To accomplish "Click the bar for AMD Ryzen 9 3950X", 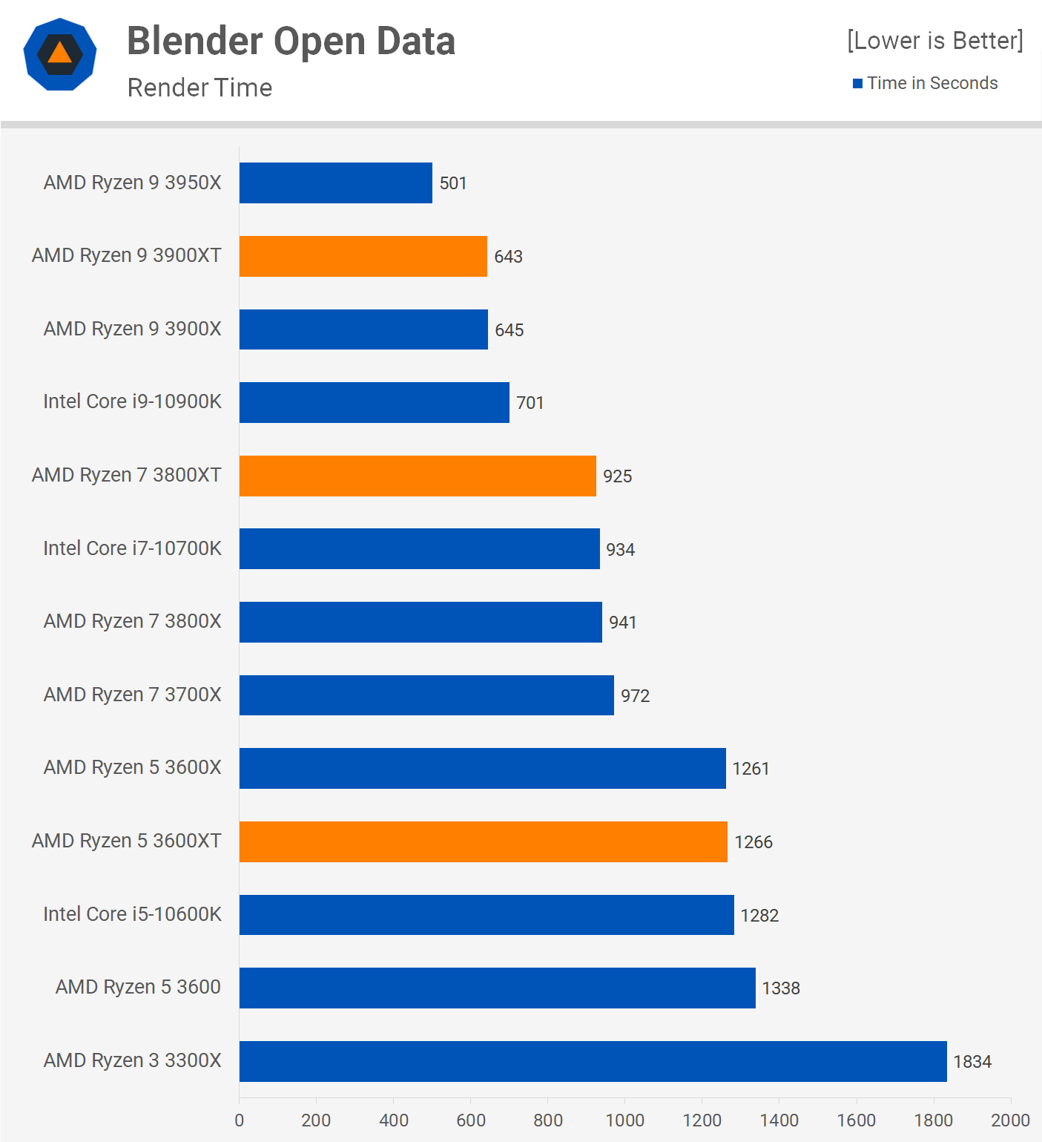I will click(335, 183).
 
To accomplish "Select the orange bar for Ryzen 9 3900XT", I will click(363, 256).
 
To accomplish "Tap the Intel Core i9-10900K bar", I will click(374, 402).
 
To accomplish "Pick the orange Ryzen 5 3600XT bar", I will click(483, 841).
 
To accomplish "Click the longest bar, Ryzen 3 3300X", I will click(593, 1061).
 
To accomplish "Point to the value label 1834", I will click(972, 1062).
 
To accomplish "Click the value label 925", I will click(617, 476).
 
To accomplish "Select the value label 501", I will click(452, 183).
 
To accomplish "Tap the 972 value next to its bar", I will click(635, 696).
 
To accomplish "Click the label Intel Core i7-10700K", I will click(132, 548).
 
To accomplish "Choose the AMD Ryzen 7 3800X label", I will click(132, 621).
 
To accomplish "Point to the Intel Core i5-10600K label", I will click(132, 914).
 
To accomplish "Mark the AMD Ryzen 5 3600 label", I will click(138, 987).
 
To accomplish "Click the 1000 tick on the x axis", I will click(624, 1120).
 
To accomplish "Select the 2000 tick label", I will click(1010, 1120).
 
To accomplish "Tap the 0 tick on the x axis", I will click(239, 1120).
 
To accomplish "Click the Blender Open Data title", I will click(291, 41).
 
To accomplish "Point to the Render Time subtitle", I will click(200, 88).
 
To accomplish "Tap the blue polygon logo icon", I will click(60, 54).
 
